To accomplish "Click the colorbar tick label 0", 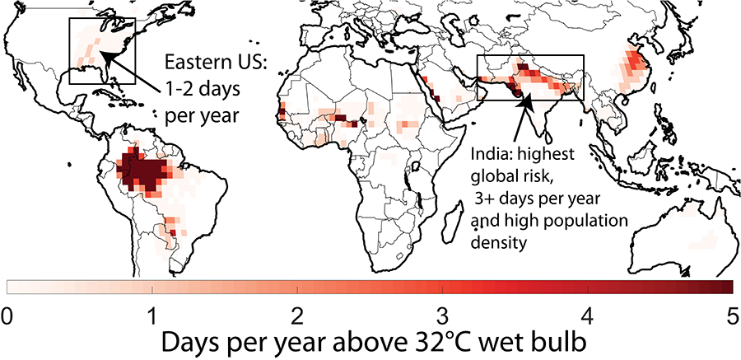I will [x=7, y=316].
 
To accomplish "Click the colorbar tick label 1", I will [x=152, y=316].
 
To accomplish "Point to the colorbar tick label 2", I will [x=297, y=316].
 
